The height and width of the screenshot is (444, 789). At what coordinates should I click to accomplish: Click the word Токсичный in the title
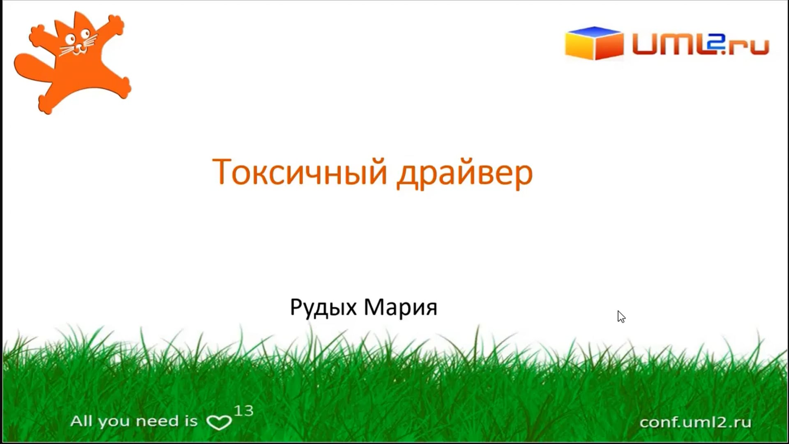click(300, 172)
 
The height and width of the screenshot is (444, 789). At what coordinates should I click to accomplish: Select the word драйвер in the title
click(465, 173)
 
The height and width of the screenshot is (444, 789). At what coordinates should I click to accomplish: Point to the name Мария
click(401, 307)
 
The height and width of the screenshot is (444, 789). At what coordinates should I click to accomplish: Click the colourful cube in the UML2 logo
click(594, 43)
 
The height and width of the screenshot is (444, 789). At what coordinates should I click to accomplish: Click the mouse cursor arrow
click(621, 317)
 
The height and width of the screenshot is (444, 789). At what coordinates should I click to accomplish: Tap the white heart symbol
click(219, 422)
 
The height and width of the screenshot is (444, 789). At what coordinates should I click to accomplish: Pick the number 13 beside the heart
click(244, 410)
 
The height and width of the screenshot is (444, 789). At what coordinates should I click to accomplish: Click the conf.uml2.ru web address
click(695, 422)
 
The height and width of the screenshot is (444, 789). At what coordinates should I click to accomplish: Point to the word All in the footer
click(81, 421)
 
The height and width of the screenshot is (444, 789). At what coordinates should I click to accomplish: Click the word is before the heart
click(191, 421)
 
